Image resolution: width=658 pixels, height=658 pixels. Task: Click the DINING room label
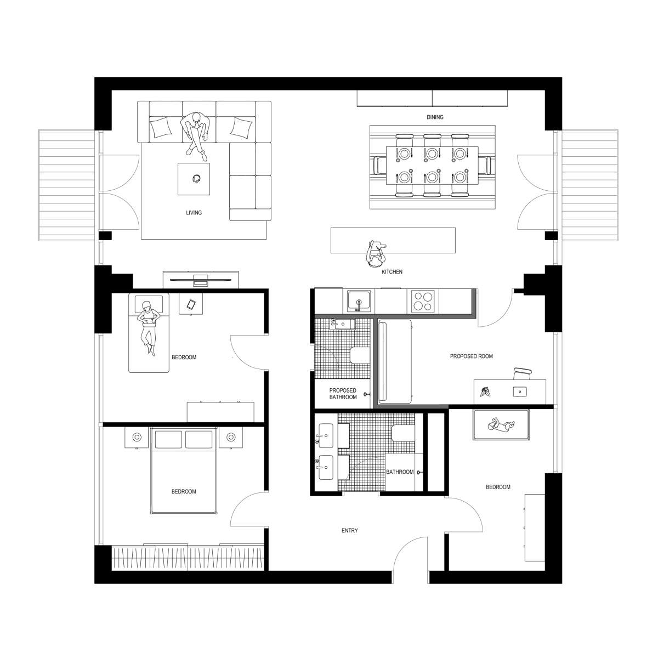434,117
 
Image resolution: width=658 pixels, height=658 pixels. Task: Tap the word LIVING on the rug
194,213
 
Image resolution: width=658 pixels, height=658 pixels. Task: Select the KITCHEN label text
393,272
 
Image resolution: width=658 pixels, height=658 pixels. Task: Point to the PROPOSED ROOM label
471,356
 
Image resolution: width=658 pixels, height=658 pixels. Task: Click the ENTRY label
349,531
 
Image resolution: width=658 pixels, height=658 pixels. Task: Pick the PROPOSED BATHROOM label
343,394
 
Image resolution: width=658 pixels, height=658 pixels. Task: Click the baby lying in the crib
500,425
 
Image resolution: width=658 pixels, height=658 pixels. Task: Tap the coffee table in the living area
194,179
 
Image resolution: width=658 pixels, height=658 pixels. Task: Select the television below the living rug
201,280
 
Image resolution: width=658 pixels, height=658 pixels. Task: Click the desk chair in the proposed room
523,373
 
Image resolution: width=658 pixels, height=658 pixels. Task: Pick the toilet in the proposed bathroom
360,356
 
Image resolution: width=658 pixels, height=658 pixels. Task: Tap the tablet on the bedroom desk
191,305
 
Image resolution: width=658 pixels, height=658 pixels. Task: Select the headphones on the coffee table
196,178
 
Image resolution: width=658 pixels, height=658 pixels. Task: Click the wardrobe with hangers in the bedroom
189,558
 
